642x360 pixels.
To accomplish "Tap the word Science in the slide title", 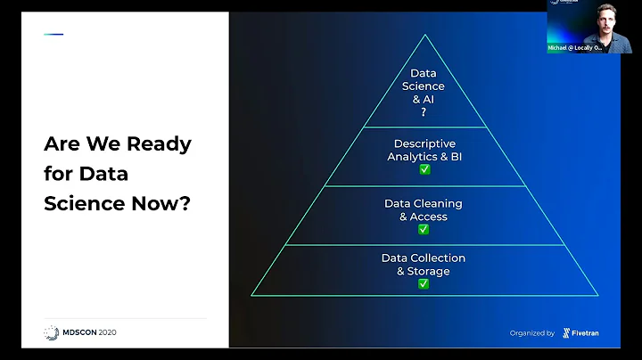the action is pyautogui.click(x=82, y=202).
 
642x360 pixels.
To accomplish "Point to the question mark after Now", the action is pyautogui.click(x=185, y=202).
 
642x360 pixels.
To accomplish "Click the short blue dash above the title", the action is pyautogui.click(x=53, y=35).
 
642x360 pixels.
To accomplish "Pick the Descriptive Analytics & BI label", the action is pyautogui.click(x=424, y=150).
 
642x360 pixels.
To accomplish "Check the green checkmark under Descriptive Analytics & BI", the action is pyautogui.click(x=424, y=169).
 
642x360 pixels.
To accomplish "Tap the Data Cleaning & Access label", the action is pyautogui.click(x=423, y=209).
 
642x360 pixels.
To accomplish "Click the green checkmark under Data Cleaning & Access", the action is pyautogui.click(x=424, y=229).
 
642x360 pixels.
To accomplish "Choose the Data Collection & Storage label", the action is pyautogui.click(x=424, y=264).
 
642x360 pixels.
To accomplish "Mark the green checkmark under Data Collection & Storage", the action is pyautogui.click(x=424, y=283).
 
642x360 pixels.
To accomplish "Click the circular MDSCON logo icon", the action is pyautogui.click(x=52, y=332).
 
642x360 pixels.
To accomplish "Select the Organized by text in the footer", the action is pyautogui.click(x=532, y=333).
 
